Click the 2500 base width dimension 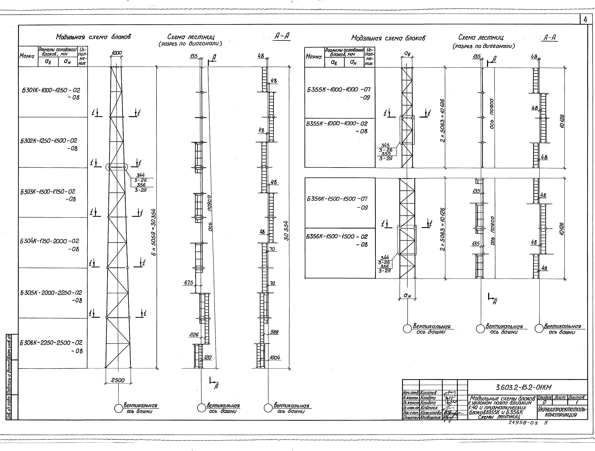click(118, 380)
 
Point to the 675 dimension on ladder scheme click(189, 283)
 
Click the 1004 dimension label click(275, 358)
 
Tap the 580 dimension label click(274, 332)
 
